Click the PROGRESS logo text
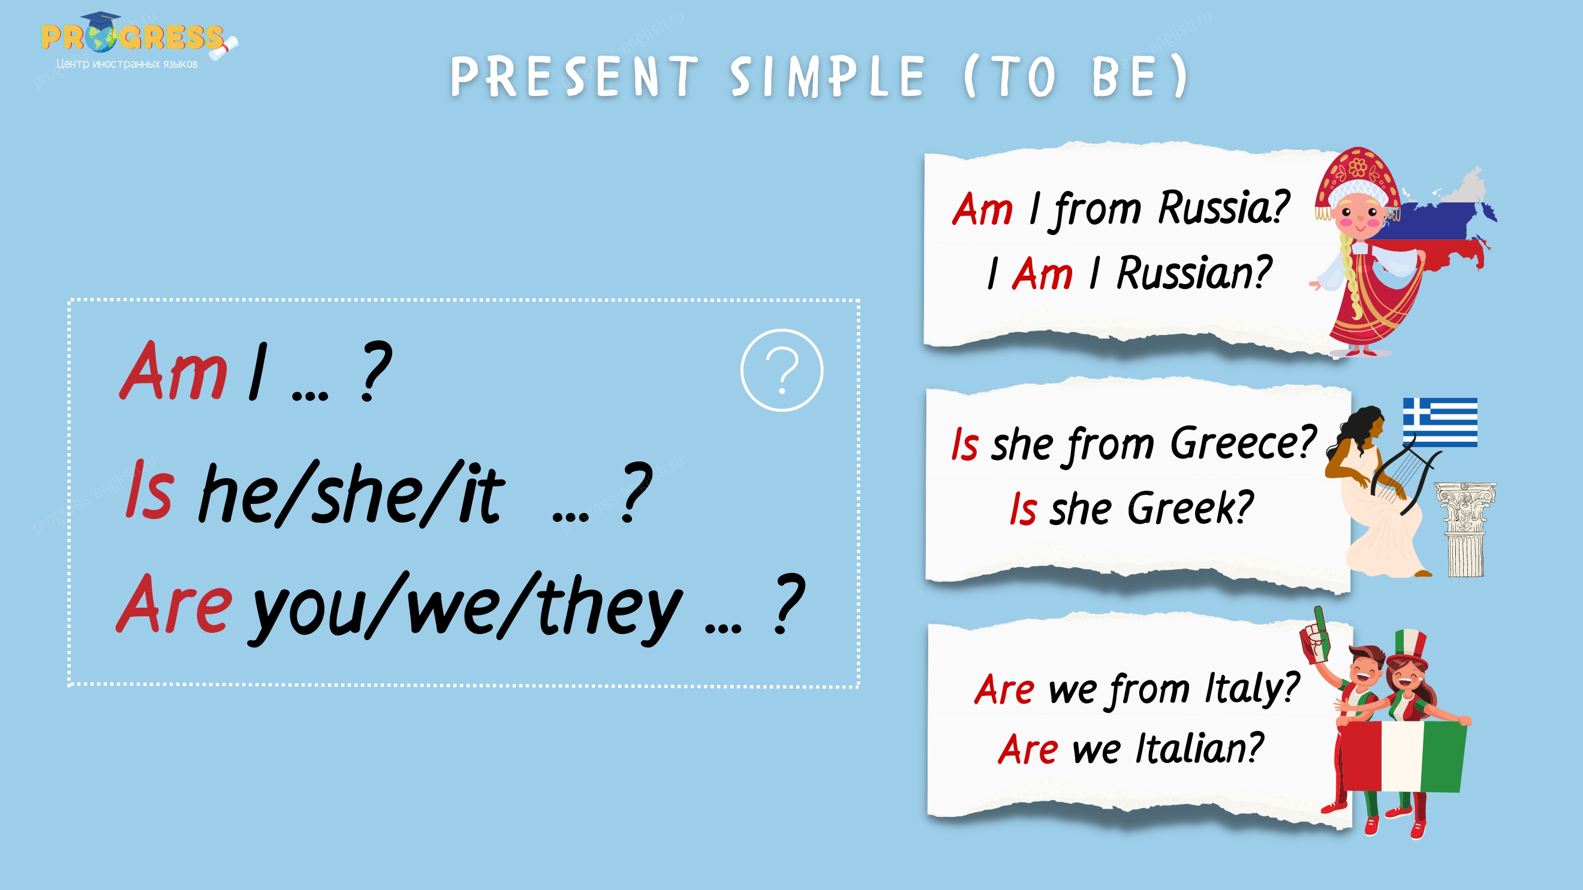click(x=132, y=37)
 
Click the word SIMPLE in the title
click(x=827, y=77)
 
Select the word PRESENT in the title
click(x=574, y=77)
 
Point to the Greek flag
click(x=1440, y=422)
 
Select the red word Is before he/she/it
click(x=149, y=490)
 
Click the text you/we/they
click(x=465, y=608)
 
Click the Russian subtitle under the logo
click(x=127, y=64)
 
